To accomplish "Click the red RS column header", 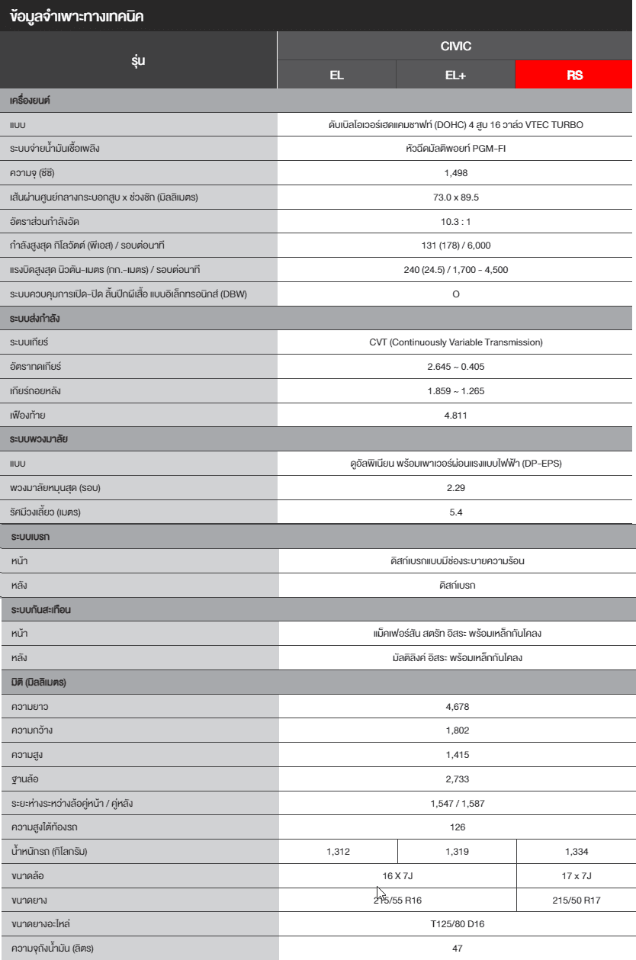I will click(x=575, y=75).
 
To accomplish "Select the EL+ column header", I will click(x=455, y=75).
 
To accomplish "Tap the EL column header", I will click(x=336, y=75).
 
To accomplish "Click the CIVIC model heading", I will click(x=455, y=47).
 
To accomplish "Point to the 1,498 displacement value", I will click(x=455, y=173).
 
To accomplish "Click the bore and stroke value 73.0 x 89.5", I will click(x=455, y=197).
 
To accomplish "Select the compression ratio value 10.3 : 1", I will click(x=455, y=221).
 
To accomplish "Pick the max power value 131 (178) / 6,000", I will click(x=455, y=246).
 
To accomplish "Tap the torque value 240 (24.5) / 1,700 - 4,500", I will click(x=455, y=270).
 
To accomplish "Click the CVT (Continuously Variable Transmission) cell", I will click(x=455, y=342).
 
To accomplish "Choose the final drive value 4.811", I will click(x=455, y=416).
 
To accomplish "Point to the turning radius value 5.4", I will click(x=455, y=512).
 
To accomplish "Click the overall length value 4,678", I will click(x=457, y=706).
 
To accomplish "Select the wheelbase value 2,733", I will click(x=457, y=779).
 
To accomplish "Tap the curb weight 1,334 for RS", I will click(x=576, y=852).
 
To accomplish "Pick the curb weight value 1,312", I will click(x=338, y=852).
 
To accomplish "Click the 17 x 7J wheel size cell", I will click(x=576, y=876).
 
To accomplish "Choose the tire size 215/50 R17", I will click(x=576, y=901).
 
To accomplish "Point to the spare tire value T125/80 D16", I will click(x=457, y=924).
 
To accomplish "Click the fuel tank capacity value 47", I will click(x=457, y=949).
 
